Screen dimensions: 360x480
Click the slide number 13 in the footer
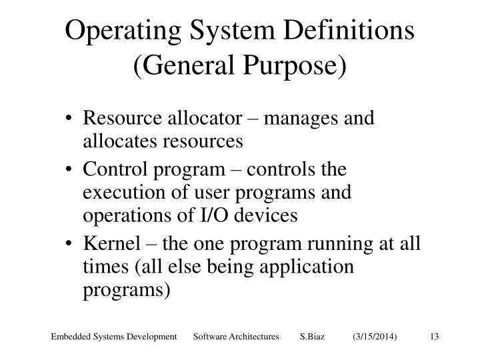click(x=433, y=339)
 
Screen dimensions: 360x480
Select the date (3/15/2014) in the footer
click(x=375, y=339)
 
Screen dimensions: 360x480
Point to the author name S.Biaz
click(x=313, y=339)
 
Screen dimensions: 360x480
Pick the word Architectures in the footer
click(x=253, y=339)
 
